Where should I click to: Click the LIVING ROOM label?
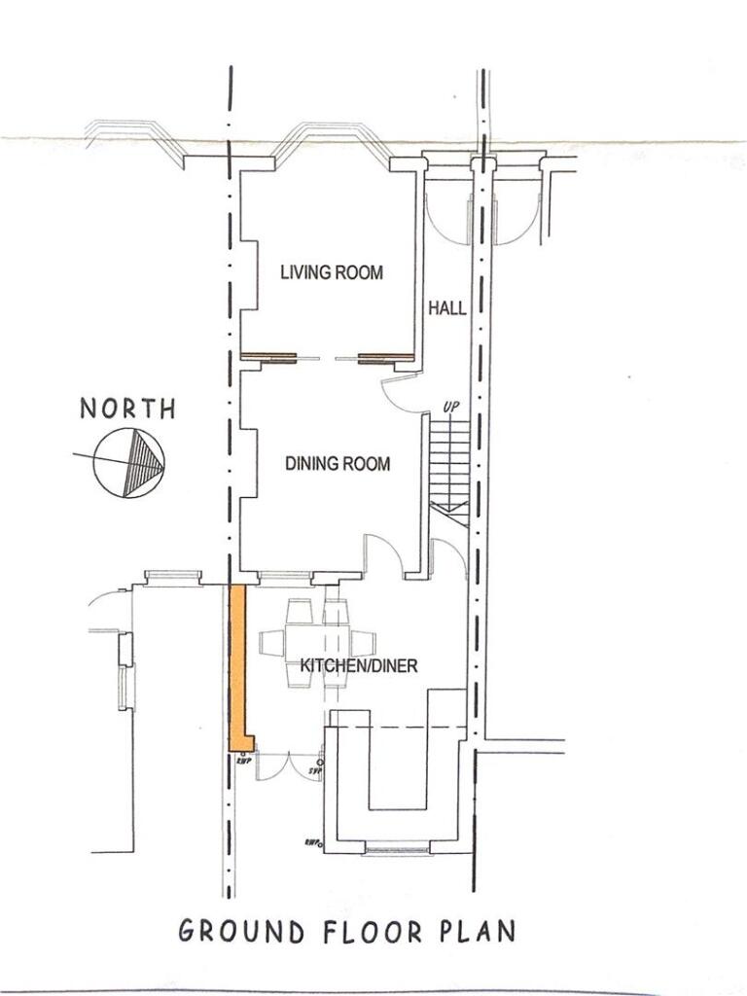point(332,272)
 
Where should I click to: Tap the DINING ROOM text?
point(338,464)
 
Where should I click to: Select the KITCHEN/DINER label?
point(358,666)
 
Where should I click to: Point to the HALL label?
point(447,308)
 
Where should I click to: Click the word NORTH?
point(128,409)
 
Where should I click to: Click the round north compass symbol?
point(129,461)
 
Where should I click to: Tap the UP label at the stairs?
point(450,407)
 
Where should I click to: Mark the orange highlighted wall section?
point(236,666)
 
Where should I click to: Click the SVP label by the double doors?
point(314,771)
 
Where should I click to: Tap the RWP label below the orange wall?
point(244,762)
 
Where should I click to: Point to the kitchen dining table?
point(317,643)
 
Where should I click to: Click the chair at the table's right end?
point(363,643)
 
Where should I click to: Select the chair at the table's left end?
point(271,643)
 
